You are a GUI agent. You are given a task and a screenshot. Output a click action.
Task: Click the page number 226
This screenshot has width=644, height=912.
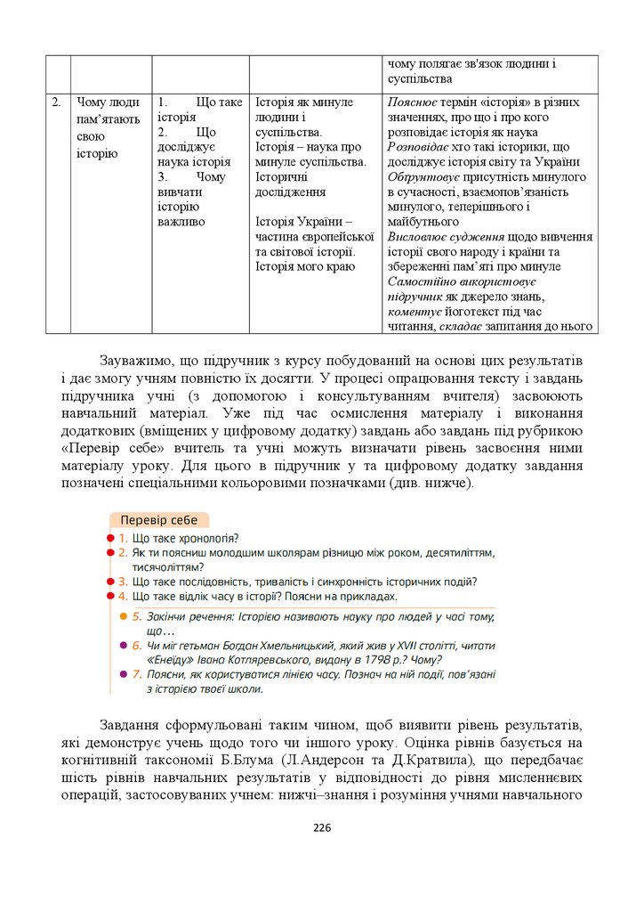pyautogui.click(x=322, y=828)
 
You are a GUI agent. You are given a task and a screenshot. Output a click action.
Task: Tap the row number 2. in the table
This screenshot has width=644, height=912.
pyautogui.click(x=56, y=102)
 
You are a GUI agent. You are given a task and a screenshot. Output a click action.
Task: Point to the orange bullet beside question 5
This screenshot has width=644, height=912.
pyautogui.click(x=124, y=616)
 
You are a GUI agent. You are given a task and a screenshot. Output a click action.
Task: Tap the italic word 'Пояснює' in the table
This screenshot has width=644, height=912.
pyautogui.click(x=412, y=102)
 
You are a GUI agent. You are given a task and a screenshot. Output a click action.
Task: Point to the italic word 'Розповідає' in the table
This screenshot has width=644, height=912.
pyautogui.click(x=419, y=146)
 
